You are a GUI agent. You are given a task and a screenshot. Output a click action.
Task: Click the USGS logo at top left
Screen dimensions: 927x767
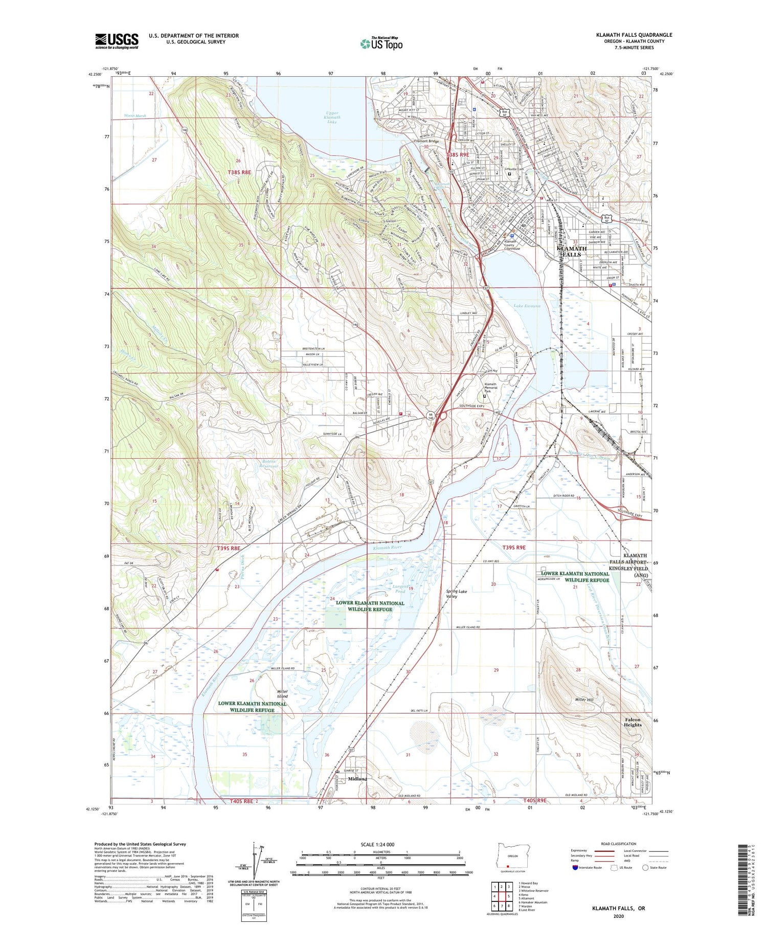(x=117, y=41)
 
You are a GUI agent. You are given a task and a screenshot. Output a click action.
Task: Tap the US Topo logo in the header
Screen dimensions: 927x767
(x=381, y=43)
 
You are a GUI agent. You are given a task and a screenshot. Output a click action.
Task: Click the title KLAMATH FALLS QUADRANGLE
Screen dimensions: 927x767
(x=634, y=35)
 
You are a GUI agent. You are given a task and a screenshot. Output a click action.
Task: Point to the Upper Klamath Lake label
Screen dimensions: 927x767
(x=332, y=117)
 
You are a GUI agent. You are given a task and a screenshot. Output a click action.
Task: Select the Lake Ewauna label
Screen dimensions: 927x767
(x=527, y=306)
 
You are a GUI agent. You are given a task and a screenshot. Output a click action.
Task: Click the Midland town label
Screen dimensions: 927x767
(x=357, y=779)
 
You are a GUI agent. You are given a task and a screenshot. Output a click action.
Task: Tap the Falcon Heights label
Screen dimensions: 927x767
(x=632, y=722)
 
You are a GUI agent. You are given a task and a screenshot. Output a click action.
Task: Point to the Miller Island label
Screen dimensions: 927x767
(x=282, y=693)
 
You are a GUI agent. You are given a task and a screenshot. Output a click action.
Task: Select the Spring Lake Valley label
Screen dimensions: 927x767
(x=456, y=594)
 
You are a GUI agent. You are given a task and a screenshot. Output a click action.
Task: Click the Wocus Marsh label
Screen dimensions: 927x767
(x=135, y=116)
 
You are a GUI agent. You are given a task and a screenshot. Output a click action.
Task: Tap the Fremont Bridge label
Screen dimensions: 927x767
(x=426, y=141)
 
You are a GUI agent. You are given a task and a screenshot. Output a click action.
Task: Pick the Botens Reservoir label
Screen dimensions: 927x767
(x=269, y=463)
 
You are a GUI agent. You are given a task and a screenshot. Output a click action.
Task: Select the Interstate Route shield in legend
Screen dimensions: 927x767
(x=576, y=868)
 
